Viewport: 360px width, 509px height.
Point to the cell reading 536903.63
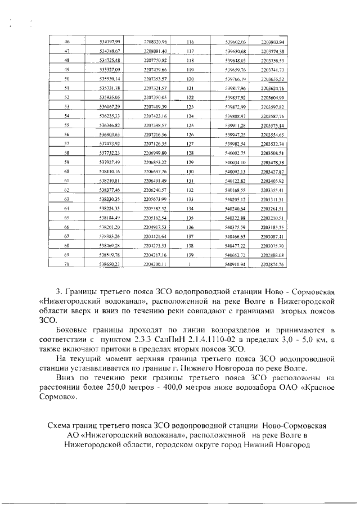(x=110, y=134)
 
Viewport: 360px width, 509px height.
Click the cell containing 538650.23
(x=110, y=263)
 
